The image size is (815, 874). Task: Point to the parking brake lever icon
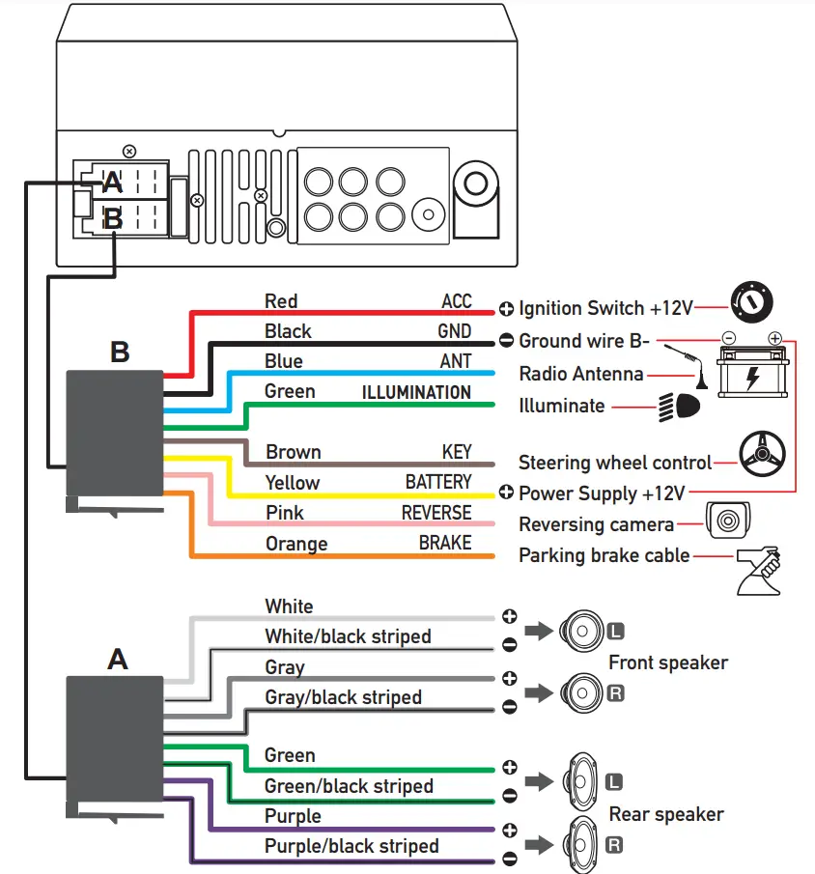(758, 570)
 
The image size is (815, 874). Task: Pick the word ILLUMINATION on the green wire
(416, 392)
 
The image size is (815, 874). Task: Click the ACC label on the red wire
(456, 301)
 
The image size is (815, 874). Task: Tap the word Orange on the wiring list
(296, 544)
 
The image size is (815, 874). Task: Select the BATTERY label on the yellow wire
(438, 482)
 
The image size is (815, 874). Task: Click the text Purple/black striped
(351, 846)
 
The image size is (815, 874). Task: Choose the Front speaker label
(668, 663)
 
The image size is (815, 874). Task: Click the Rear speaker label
(666, 814)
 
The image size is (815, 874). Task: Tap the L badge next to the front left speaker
(616, 633)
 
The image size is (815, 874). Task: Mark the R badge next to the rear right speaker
(614, 846)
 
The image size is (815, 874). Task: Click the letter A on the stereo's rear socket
(113, 182)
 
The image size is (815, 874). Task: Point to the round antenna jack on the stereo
(475, 183)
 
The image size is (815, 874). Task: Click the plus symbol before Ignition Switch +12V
(507, 309)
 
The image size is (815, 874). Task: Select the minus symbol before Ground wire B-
(507, 341)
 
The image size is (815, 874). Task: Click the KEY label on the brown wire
(457, 452)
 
